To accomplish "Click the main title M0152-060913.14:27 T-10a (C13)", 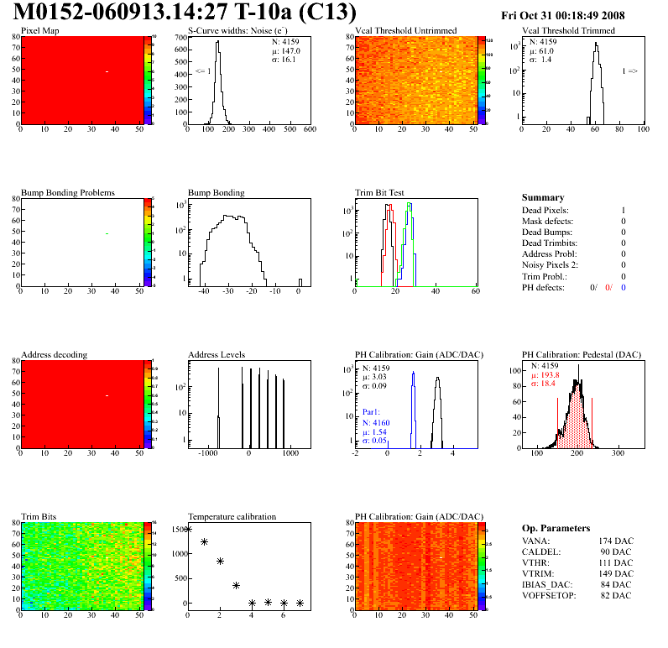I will tap(185, 13).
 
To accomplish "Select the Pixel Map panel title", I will tap(39, 31).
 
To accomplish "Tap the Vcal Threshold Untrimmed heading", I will tap(406, 31).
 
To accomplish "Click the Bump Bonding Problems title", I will tap(68, 193).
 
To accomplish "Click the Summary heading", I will tap(543, 197).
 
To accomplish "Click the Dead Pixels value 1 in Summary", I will tap(624, 211).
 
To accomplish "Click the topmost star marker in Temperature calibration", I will tap(188, 529).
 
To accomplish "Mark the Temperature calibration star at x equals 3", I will tap(237, 585).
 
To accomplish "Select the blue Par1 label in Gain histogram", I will tap(372, 412).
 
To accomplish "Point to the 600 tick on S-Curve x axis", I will tap(309, 130).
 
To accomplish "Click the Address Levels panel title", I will tap(217, 354).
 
